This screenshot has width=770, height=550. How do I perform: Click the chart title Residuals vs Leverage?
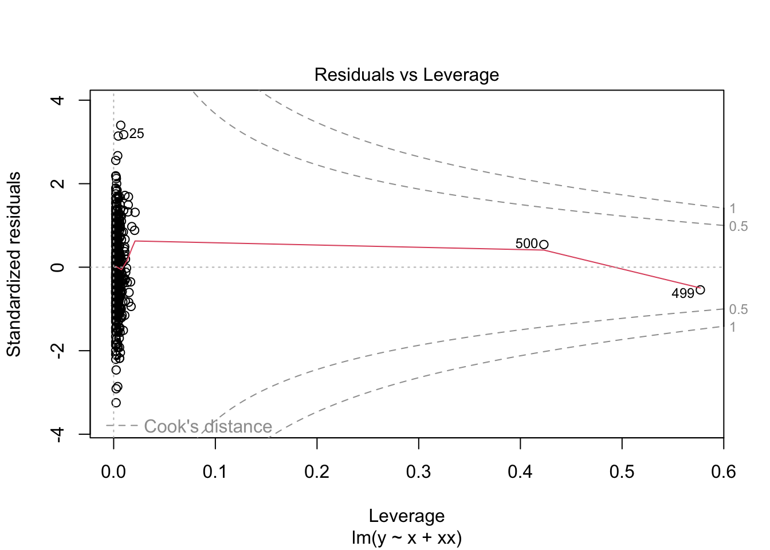[406, 75]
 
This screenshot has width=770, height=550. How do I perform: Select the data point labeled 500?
[544, 245]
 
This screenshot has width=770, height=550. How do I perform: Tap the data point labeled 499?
[700, 290]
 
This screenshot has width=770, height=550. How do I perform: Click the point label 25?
[136, 134]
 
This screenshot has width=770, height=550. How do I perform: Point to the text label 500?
[527, 244]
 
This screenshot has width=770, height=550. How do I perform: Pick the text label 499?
[682, 294]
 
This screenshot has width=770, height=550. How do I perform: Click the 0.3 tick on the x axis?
[419, 472]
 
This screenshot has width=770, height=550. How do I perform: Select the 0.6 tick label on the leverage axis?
[724, 472]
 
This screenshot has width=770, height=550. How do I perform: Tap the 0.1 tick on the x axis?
[215, 472]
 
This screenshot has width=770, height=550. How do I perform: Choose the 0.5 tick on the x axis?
[622, 472]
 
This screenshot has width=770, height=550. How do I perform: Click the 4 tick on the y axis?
[57, 100]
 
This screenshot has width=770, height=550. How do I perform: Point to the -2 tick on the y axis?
[57, 351]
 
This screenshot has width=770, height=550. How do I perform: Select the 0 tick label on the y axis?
[57, 267]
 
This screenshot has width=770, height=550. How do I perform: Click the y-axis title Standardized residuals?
[14, 264]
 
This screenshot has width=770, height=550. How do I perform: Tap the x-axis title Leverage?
[406, 516]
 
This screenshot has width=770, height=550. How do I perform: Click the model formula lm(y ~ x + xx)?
[406, 538]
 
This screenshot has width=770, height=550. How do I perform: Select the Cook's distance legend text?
[207, 427]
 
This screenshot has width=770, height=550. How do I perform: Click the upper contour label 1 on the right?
[733, 209]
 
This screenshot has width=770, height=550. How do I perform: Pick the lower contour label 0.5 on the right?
[738, 310]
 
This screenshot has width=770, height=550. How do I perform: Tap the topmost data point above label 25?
[120, 125]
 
